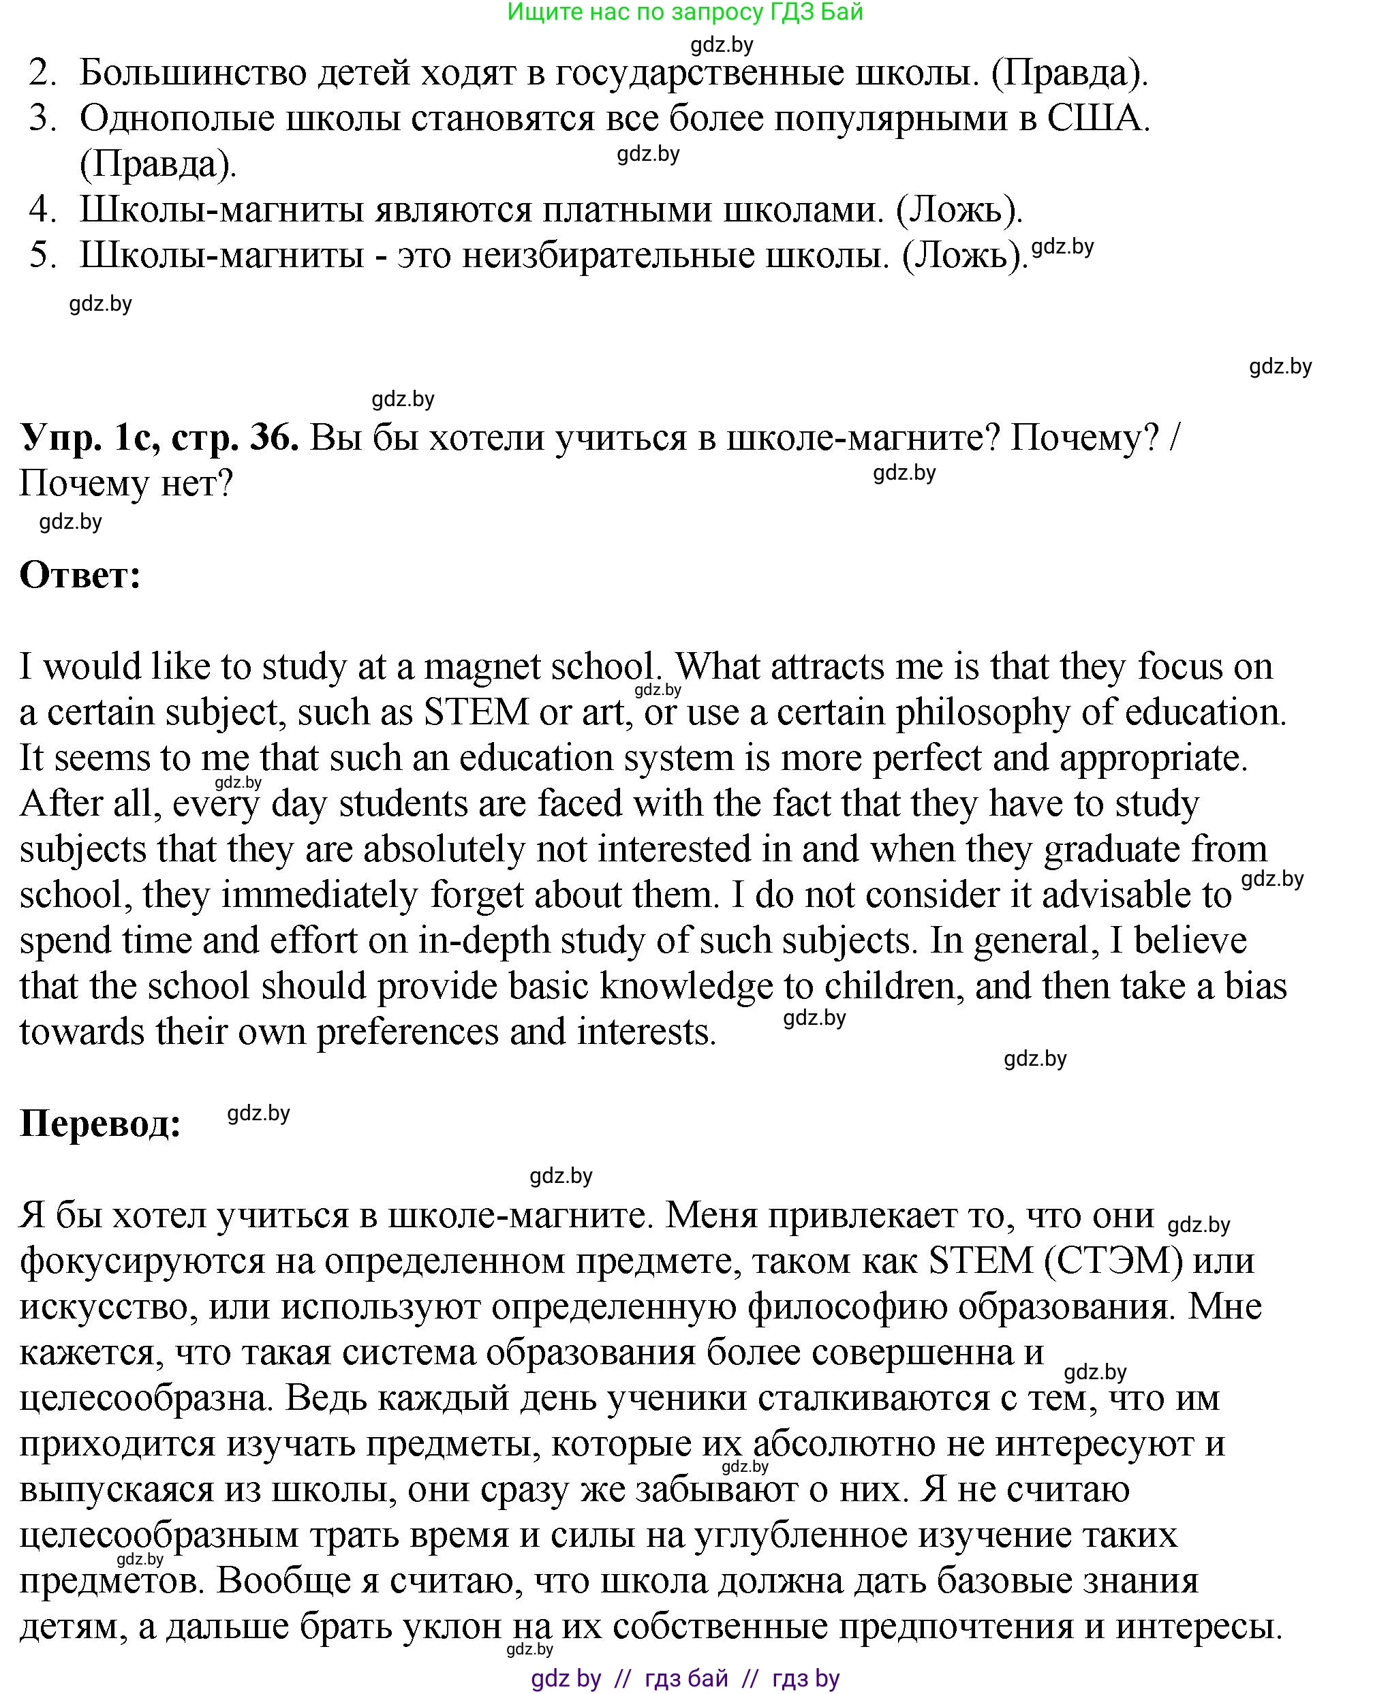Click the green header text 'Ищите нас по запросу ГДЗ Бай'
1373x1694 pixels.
click(685, 12)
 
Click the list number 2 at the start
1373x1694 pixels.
click(43, 74)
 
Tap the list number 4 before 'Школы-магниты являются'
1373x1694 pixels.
click(43, 210)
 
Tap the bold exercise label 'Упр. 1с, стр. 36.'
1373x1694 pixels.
click(159, 437)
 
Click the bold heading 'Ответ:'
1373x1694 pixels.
click(80, 575)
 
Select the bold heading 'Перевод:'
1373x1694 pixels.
click(100, 1123)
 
